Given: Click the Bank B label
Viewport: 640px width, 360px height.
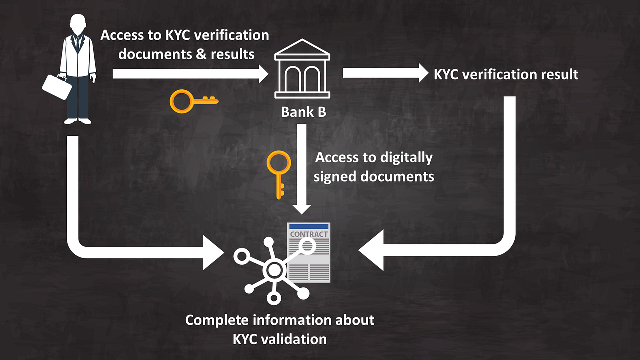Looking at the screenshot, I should point(303,112).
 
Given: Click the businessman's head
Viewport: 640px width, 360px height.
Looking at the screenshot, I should point(78,25).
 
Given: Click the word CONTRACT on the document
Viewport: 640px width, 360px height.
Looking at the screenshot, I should point(309,234).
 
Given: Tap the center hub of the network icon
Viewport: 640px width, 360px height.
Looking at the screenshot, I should point(273,271).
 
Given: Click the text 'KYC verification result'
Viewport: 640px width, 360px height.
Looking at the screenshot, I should point(506,74).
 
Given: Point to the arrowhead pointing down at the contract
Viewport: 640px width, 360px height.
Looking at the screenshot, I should point(301,207).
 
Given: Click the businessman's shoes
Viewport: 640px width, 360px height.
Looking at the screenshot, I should point(78,121).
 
